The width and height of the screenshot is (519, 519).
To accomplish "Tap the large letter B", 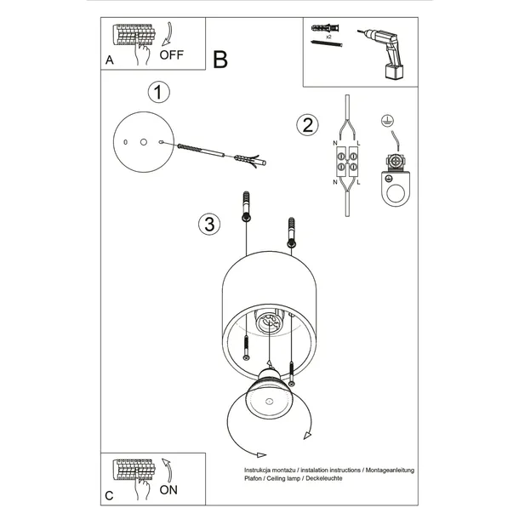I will pyautogui.click(x=220, y=60).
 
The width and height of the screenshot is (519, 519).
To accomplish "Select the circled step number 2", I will pyautogui.click(x=305, y=125).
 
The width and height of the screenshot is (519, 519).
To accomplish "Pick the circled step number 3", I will pyautogui.click(x=207, y=225).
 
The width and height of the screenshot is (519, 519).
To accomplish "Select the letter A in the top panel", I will pyautogui.click(x=110, y=61).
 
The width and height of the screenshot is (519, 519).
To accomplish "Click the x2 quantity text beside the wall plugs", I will pyautogui.click(x=328, y=38).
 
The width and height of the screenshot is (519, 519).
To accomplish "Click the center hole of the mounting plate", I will pyautogui.click(x=144, y=141).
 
